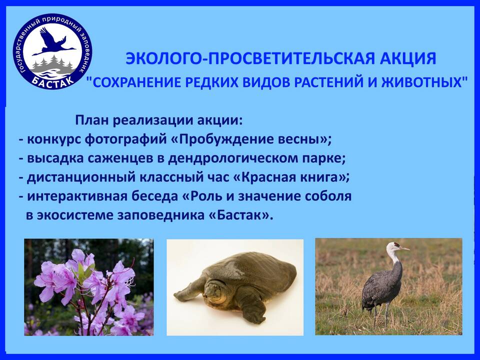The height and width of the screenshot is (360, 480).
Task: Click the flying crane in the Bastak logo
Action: [52, 43]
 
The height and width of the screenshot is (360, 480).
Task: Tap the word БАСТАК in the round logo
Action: [52, 81]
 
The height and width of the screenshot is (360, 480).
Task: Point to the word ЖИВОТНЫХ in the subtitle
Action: [422, 82]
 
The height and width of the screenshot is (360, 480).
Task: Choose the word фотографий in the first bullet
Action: [125, 139]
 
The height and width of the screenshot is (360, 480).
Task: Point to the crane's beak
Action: [404, 248]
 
